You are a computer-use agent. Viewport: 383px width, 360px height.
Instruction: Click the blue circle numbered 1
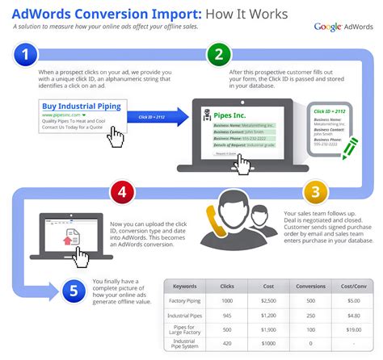point(27,56)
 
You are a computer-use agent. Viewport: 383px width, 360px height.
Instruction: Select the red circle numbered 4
point(122,193)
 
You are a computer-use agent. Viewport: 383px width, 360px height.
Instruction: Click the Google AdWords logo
point(343,27)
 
